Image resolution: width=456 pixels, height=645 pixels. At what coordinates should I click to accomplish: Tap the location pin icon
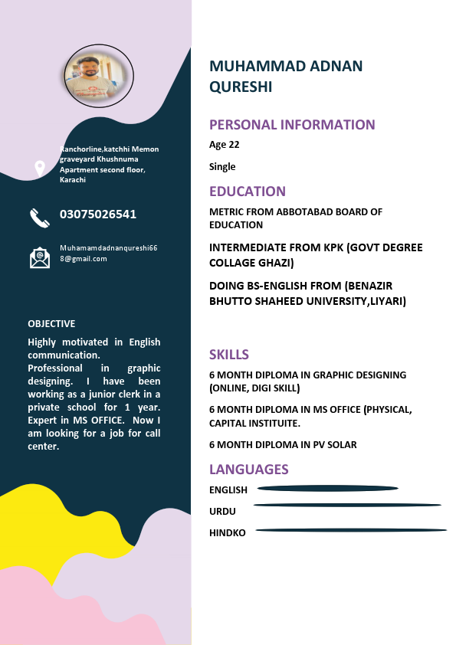(40, 168)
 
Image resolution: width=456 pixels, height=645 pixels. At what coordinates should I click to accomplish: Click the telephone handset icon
(40, 218)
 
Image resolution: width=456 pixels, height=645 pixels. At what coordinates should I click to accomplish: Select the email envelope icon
(40, 257)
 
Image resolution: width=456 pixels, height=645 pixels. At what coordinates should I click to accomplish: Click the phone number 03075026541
(98, 214)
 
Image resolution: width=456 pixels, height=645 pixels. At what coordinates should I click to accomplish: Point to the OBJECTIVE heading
(51, 324)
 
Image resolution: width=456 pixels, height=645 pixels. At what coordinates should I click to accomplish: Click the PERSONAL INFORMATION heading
(292, 125)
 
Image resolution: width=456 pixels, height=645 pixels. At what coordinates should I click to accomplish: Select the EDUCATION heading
(248, 192)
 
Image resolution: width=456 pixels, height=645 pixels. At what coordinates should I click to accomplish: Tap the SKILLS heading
(229, 355)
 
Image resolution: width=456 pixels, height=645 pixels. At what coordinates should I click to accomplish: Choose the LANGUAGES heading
(249, 470)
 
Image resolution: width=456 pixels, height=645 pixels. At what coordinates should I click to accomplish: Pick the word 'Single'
(222, 166)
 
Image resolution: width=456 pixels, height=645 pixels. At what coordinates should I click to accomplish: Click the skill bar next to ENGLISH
(328, 488)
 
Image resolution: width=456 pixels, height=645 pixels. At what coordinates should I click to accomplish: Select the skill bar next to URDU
(347, 505)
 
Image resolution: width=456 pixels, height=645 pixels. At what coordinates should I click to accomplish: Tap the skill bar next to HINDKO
(351, 530)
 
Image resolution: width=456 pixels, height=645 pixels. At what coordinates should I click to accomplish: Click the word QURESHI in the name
(241, 87)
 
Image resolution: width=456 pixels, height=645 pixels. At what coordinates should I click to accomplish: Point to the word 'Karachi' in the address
(73, 180)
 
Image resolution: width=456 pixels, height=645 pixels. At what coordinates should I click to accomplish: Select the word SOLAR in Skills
(341, 445)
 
